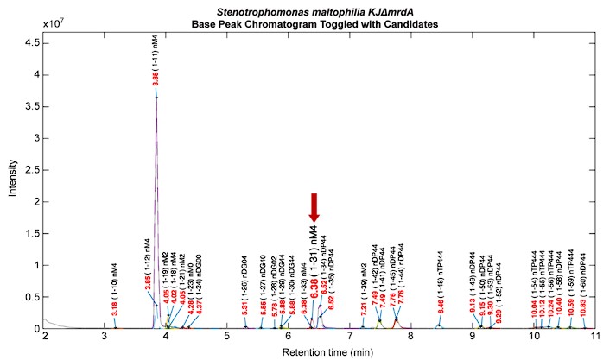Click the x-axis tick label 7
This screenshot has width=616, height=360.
pyautogui.click(x=350, y=337)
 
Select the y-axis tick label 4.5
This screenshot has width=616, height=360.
pyautogui.click(x=33, y=41)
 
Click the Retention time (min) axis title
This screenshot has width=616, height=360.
pyautogui.click(x=319, y=351)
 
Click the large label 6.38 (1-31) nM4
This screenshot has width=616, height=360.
pyautogui.click(x=314, y=267)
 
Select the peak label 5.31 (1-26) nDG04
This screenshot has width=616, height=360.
pyautogui.click(x=245, y=285)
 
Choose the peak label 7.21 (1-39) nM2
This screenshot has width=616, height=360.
pyautogui.click(x=363, y=288)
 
